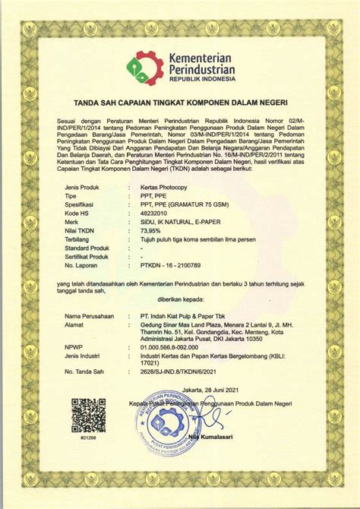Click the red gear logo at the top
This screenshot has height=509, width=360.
click(x=142, y=67)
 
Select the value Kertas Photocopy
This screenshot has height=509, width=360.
click(x=163, y=186)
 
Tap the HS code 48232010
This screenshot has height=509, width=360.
click(x=154, y=213)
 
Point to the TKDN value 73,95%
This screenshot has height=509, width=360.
click(x=151, y=231)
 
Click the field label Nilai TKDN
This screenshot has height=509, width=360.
click(x=81, y=231)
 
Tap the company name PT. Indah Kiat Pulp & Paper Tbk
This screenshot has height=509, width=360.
click(x=185, y=315)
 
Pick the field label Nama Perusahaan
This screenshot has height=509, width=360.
click(x=89, y=315)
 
